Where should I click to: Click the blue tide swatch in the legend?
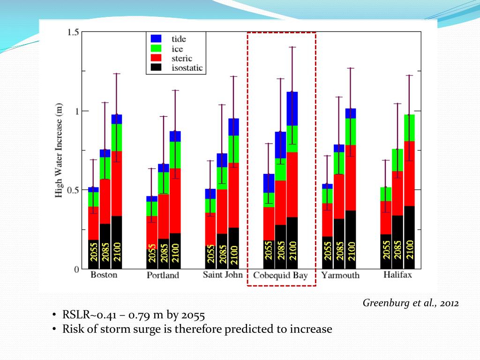156,39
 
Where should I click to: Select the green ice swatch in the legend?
156,48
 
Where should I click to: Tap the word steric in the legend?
181,58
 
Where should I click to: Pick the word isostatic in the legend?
187,67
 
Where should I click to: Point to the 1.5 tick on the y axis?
73,32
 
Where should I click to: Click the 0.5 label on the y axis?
73,190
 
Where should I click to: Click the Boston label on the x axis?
104,275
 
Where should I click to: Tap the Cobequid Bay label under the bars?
280,275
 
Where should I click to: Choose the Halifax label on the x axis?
397,275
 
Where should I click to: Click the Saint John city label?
223,275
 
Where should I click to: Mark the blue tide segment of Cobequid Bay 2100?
292,109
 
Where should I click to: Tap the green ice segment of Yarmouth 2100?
351,132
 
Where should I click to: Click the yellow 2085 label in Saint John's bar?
222,254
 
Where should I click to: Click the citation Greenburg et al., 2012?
411,303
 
